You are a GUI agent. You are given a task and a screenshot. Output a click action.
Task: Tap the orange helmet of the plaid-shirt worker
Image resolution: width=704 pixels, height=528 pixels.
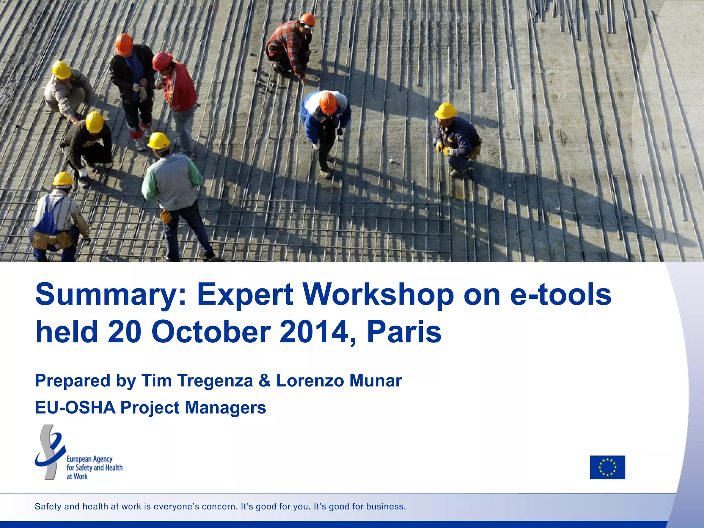coord(307,20)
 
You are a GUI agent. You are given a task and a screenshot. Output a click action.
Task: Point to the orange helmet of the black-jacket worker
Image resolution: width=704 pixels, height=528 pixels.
coord(124,43)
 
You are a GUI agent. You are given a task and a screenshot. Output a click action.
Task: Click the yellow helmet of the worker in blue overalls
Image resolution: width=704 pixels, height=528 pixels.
coord(63,179)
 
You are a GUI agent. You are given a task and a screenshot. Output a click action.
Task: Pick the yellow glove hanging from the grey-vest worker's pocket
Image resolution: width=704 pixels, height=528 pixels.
coord(166,216)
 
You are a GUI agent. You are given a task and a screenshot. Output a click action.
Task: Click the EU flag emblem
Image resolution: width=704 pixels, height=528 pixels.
coord(607,467)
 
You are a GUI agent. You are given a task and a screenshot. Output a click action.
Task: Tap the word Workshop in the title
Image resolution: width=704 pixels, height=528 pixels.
coord(378,295)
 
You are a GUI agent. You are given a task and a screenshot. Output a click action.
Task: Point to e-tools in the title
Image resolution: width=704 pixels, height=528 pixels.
coord(561,295)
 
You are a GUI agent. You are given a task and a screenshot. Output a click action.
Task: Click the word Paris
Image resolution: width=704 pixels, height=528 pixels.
coord(404,332)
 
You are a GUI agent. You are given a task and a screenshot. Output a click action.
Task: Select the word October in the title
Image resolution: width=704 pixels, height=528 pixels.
coord(211,332)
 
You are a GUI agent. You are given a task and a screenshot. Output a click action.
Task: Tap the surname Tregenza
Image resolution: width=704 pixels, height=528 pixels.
coord(215,381)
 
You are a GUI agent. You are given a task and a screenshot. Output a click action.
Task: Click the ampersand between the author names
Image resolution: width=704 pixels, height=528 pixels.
coord(264,381)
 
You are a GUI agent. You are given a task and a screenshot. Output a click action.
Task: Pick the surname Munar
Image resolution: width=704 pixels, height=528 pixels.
coord(375,381)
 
